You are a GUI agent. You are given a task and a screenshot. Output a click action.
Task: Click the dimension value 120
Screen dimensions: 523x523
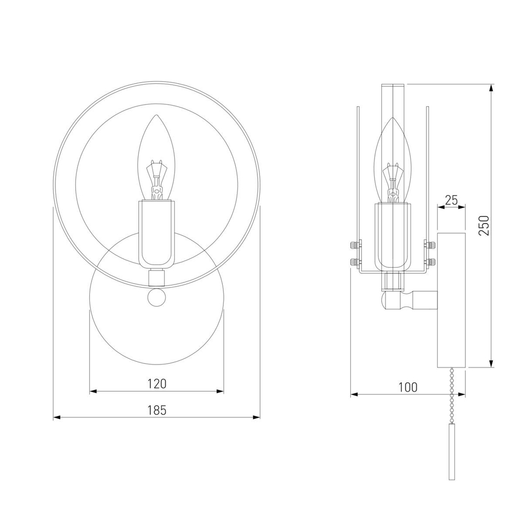click(157, 383)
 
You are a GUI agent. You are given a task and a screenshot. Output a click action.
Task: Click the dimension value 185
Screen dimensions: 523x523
click(157, 410)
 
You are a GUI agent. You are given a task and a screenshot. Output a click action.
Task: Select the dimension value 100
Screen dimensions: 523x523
click(408, 387)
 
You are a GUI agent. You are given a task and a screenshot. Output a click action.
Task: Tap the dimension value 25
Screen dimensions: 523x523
click(451, 200)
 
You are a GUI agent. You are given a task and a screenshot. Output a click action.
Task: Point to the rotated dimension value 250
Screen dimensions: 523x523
click(484, 226)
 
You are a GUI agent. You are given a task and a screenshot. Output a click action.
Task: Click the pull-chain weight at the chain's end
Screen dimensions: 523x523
click(452, 452)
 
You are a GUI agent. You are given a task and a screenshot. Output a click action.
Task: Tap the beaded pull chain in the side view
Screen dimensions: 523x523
click(452, 395)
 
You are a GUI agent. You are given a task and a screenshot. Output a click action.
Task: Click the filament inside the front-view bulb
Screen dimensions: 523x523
click(157, 180)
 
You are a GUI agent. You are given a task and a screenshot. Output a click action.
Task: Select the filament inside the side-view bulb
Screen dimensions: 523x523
click(394, 182)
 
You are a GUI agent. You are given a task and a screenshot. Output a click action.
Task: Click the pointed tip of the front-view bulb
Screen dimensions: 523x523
click(157, 116)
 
